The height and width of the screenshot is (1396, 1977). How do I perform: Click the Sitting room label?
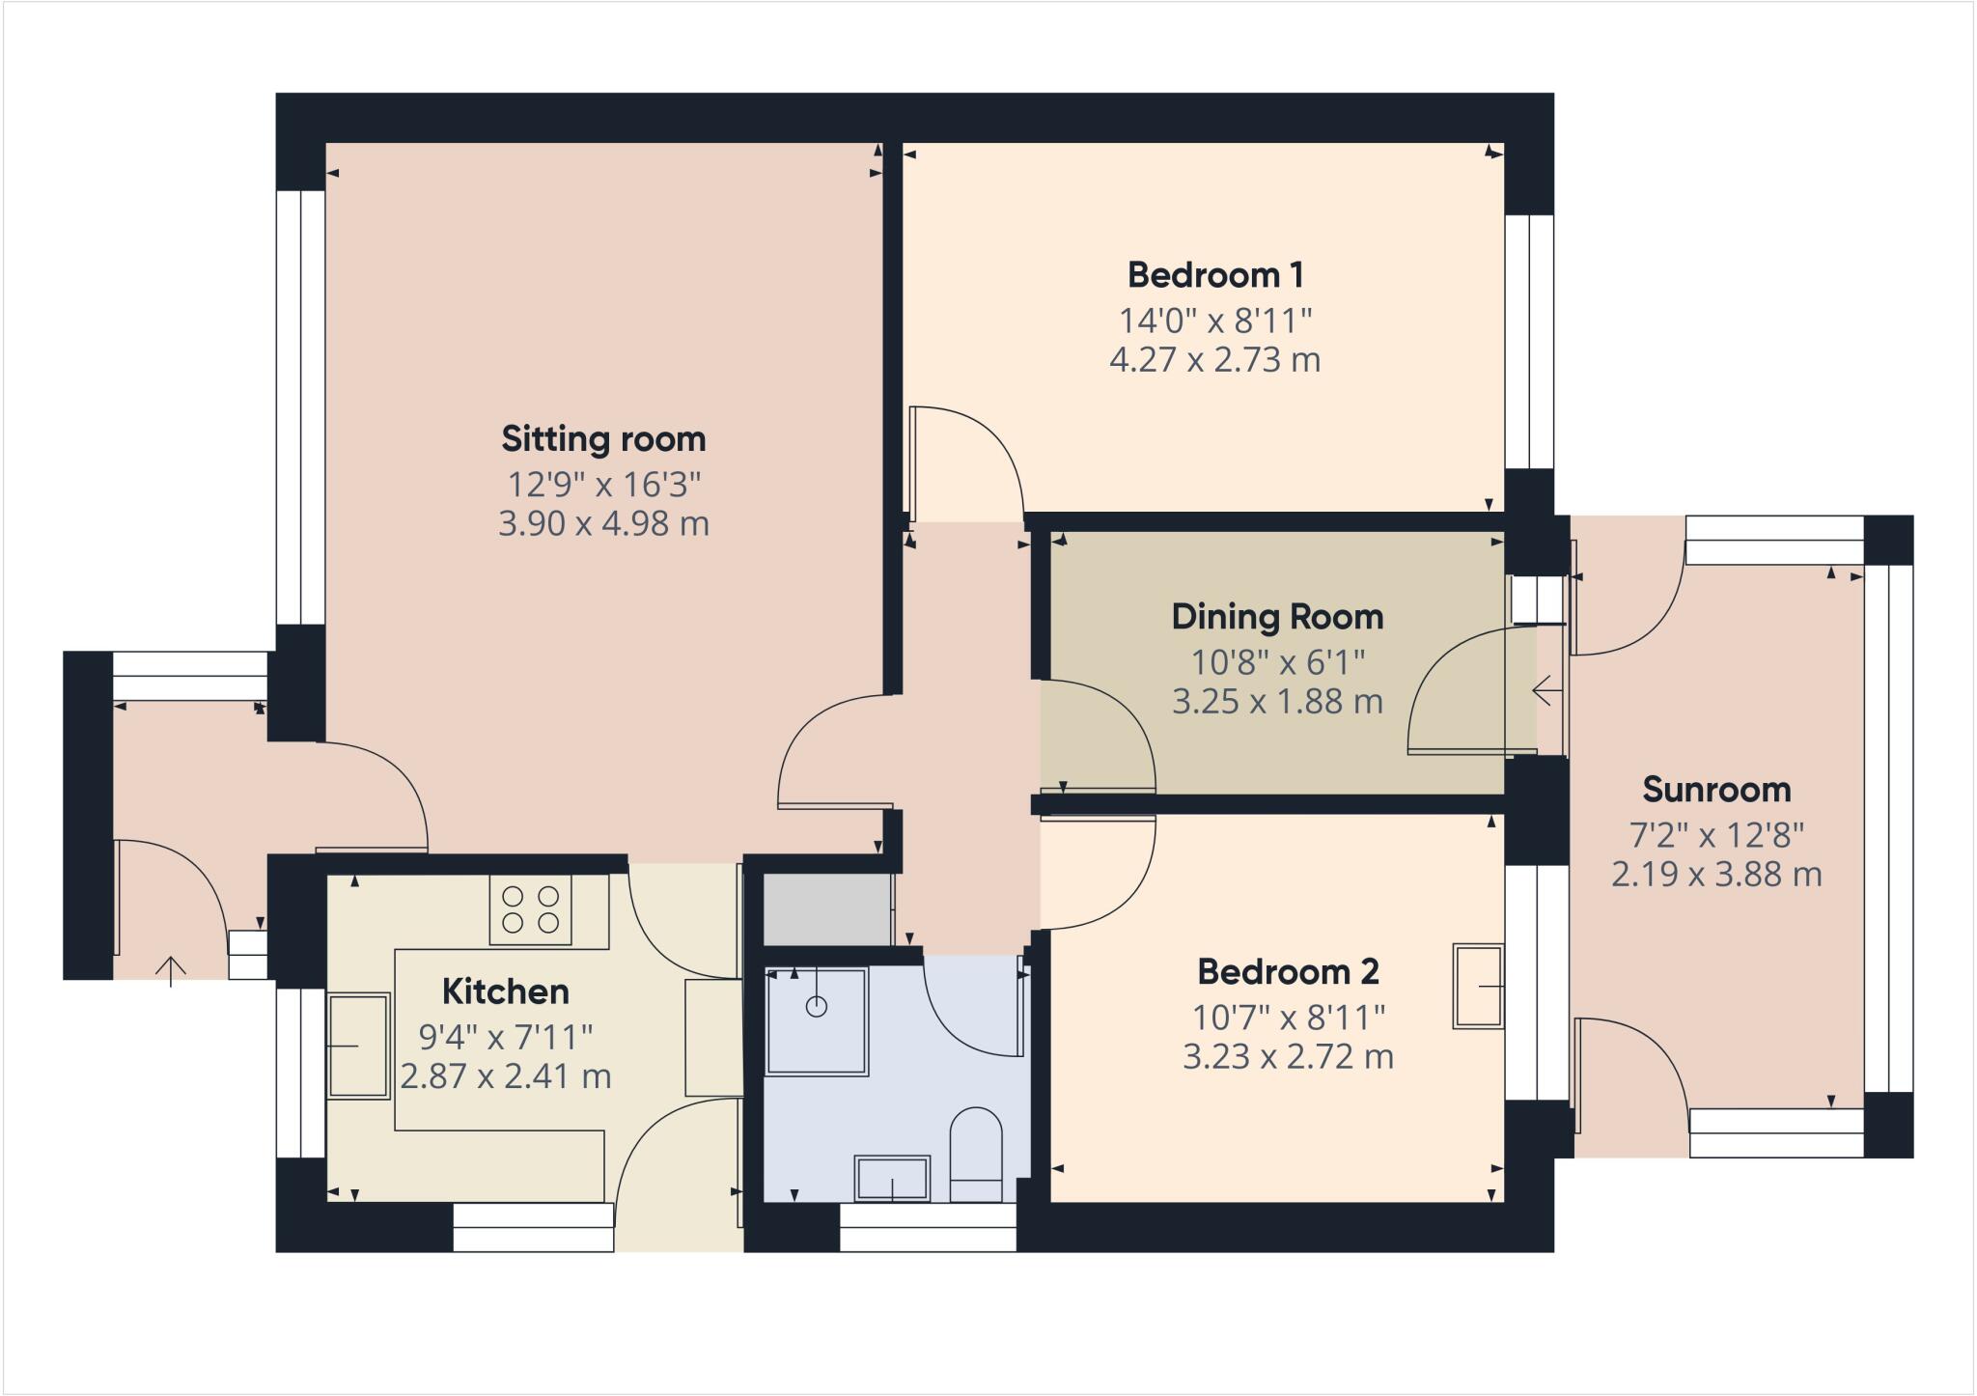click(603, 439)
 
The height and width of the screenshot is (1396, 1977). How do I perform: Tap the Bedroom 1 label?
click(1215, 275)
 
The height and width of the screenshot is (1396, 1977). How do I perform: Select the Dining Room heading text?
click(1277, 617)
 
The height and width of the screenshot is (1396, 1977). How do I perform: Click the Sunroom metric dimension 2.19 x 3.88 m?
click(1716, 875)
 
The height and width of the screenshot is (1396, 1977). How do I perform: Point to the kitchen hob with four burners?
click(530, 909)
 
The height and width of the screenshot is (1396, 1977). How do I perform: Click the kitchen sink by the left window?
click(358, 1047)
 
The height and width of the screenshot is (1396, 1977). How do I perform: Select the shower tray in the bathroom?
click(817, 1021)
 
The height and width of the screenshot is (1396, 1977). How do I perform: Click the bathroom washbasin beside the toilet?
click(892, 1178)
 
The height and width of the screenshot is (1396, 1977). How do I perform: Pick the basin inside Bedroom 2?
click(1478, 986)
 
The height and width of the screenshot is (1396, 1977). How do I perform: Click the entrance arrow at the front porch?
click(171, 970)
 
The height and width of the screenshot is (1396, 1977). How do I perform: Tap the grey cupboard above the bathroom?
click(827, 909)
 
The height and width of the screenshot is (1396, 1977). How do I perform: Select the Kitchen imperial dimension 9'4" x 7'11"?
click(505, 1038)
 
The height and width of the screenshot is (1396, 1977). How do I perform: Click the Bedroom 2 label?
click(1288, 972)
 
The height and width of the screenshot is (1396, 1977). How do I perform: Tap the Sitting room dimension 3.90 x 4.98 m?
click(603, 524)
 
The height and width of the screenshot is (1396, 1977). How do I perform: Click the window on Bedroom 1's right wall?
click(1529, 342)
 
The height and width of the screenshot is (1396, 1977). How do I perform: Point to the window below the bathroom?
click(928, 1228)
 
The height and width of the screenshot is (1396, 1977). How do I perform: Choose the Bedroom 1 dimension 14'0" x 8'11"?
click(1215, 320)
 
